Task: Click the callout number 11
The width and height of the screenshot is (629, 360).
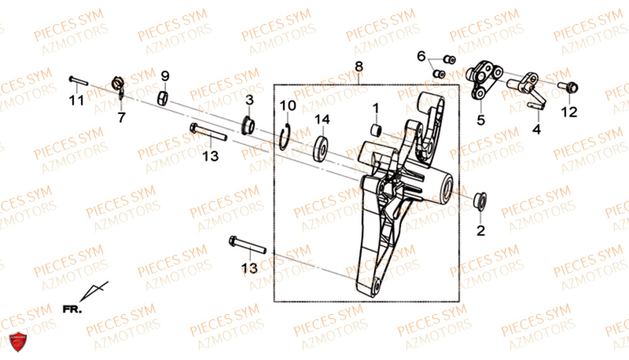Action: coord(76,100)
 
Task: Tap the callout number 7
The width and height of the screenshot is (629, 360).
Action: coord(121,117)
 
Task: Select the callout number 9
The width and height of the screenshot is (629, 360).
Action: coord(165,76)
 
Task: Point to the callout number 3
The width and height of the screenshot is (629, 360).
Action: coord(250,99)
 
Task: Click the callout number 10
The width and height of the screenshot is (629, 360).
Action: coord(287,106)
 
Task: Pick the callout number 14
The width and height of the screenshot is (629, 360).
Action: coord(322,119)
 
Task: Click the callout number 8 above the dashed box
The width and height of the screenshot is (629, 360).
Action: coord(359,66)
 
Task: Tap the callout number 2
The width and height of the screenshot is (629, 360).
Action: coord(481,230)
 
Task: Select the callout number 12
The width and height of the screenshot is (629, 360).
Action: coord(569,112)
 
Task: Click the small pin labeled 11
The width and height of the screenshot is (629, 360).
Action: coord(78,81)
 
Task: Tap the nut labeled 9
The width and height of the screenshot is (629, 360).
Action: coord(162,99)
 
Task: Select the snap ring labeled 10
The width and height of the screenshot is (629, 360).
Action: coord(285,138)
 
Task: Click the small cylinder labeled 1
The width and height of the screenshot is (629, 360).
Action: coord(376,130)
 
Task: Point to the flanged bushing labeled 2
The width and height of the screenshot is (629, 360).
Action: coord(480,201)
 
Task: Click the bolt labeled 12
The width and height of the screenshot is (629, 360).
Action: coord(568,87)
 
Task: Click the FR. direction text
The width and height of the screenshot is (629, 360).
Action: coord(72,310)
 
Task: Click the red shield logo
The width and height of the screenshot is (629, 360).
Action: coord(18,342)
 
